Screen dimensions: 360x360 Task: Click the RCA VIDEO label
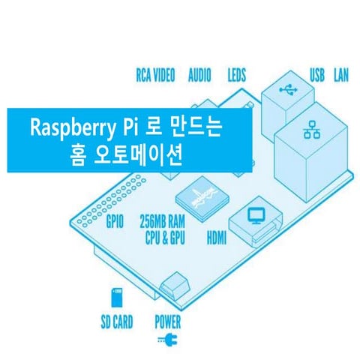click(x=155, y=75)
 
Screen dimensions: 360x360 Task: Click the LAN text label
click(x=341, y=75)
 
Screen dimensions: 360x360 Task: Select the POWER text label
click(x=168, y=322)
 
